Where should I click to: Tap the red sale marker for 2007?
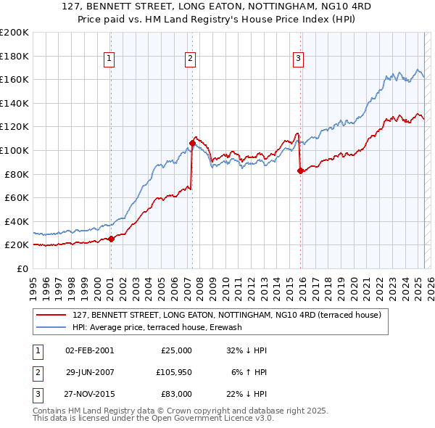[192, 143]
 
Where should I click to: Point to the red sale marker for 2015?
[300, 170]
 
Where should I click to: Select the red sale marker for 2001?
[111, 239]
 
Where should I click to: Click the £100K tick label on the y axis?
[14, 150]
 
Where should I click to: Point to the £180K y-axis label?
[14, 56]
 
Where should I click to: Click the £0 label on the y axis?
[22, 268]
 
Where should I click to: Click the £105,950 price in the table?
[173, 372]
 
